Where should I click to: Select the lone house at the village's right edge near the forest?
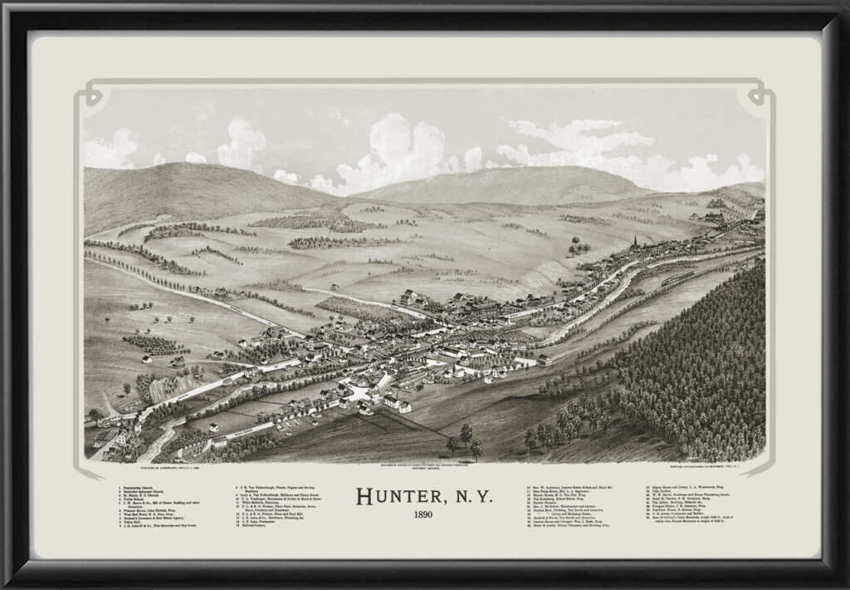544,361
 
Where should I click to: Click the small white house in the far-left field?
146,359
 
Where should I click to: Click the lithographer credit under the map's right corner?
710,467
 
